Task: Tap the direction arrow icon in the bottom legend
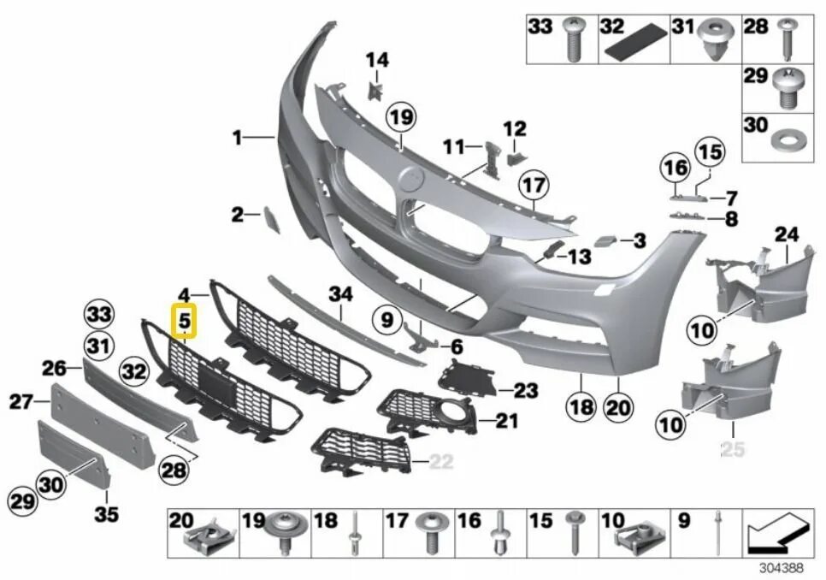[776, 533]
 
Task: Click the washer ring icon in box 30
[783, 139]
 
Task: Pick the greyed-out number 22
[440, 462]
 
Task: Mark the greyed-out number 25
[733, 448]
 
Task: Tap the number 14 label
[377, 60]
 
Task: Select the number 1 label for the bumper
[237, 137]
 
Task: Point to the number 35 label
[107, 515]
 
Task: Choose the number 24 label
[786, 233]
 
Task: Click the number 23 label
[525, 391]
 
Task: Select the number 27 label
[21, 401]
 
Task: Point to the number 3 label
[639, 240]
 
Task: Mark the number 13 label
[579, 256]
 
